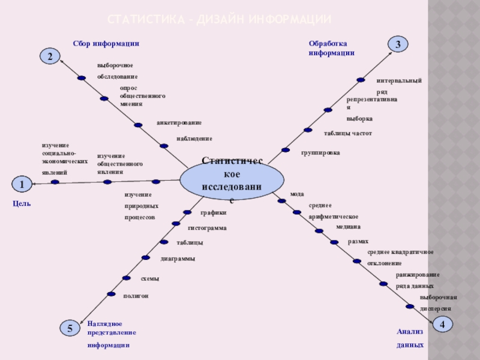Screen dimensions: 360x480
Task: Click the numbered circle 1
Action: (x=22, y=184)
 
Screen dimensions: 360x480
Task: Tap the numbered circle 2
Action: (x=50, y=56)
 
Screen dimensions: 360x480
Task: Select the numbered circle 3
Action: (x=398, y=44)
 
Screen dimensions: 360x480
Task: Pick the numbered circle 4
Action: (x=442, y=324)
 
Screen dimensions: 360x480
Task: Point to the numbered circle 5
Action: (x=70, y=328)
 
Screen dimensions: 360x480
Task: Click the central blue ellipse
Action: (x=232, y=179)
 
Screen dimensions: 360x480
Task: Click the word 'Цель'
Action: (x=22, y=204)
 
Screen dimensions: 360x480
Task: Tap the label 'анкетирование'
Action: (x=179, y=122)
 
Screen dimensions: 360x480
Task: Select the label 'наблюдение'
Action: (x=194, y=139)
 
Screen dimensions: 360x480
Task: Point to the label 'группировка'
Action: (x=320, y=153)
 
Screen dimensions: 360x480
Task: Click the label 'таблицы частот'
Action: (x=348, y=133)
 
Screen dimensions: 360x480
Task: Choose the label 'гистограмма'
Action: (x=207, y=228)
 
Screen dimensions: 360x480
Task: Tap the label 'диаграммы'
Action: (x=178, y=259)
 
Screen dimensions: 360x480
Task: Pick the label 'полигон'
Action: (x=136, y=296)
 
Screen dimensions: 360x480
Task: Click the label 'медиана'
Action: (x=348, y=227)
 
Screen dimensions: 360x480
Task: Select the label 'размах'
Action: (x=358, y=242)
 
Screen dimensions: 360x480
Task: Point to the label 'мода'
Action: (x=297, y=194)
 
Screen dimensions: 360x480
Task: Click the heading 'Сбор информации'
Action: (x=106, y=43)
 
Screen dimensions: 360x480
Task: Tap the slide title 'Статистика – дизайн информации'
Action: (x=219, y=20)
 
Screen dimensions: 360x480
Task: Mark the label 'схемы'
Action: (x=150, y=279)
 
